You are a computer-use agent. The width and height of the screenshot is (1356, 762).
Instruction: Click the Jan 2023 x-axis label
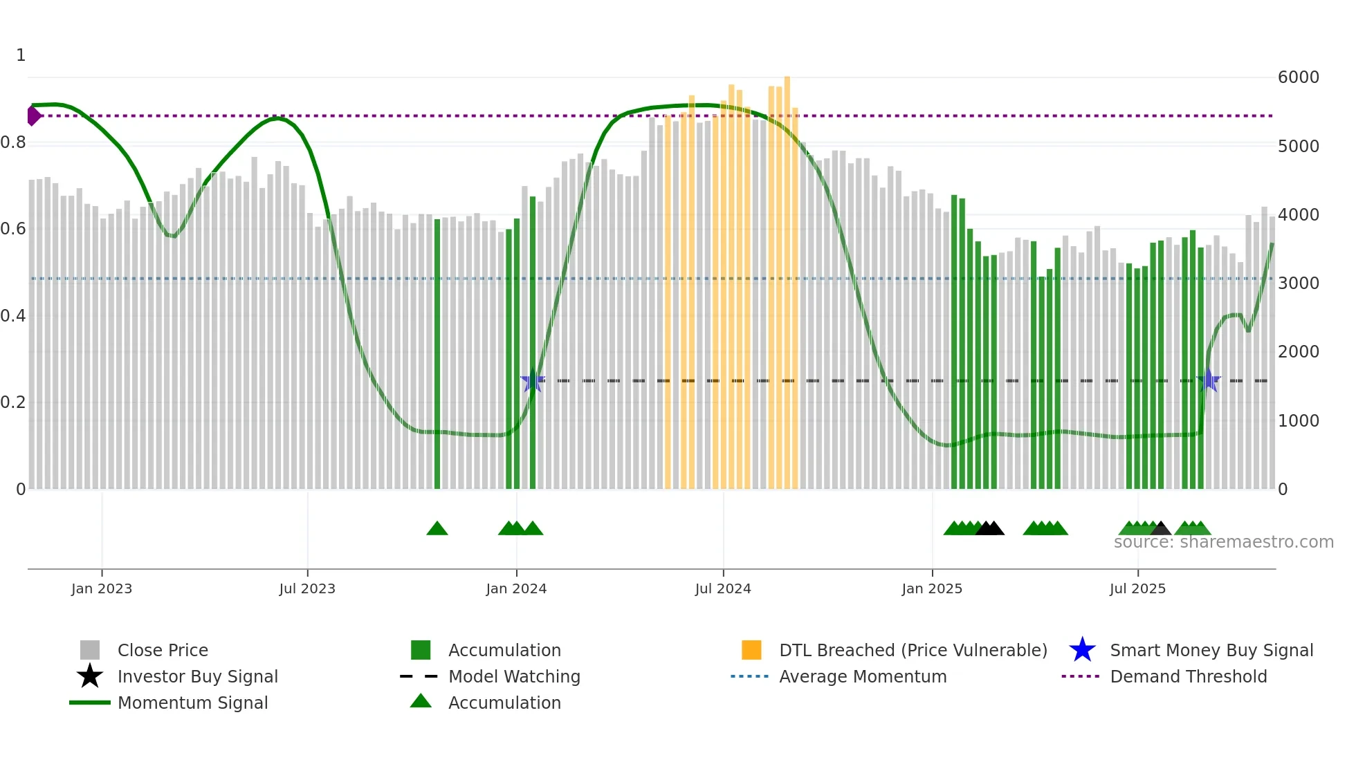tap(102, 589)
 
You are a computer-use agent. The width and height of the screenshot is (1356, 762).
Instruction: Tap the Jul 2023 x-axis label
tap(307, 589)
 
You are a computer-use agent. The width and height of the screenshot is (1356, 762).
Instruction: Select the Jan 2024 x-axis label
tap(516, 589)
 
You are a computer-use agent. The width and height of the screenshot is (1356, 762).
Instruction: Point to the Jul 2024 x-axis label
tap(723, 589)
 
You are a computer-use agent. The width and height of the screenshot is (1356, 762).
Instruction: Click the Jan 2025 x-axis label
tap(932, 589)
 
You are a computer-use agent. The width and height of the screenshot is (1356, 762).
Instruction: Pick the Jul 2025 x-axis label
tap(1137, 589)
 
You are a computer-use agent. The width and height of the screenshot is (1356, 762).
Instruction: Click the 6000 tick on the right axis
tap(1298, 77)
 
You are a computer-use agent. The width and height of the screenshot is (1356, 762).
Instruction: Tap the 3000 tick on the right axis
tap(1298, 284)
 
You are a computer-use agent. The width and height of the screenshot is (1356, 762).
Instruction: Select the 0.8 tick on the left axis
tap(14, 143)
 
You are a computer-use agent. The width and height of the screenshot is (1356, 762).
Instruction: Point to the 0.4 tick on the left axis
tap(14, 316)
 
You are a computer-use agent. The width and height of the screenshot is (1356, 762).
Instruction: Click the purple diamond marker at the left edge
tap(33, 115)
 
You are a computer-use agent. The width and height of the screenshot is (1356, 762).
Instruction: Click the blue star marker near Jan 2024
tap(532, 380)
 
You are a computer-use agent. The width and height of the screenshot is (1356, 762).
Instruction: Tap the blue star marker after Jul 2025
tap(1208, 380)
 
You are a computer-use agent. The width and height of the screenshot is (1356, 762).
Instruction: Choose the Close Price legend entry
tap(163, 651)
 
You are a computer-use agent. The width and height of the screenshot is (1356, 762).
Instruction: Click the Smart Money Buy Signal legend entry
tap(1211, 651)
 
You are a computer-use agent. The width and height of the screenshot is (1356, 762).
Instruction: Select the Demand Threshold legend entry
tap(1188, 677)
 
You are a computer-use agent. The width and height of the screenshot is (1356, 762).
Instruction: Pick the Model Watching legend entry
tap(514, 677)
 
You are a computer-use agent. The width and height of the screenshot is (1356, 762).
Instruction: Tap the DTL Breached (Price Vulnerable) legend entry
tap(913, 651)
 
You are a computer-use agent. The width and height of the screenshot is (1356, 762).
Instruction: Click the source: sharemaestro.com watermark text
tap(1223, 542)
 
